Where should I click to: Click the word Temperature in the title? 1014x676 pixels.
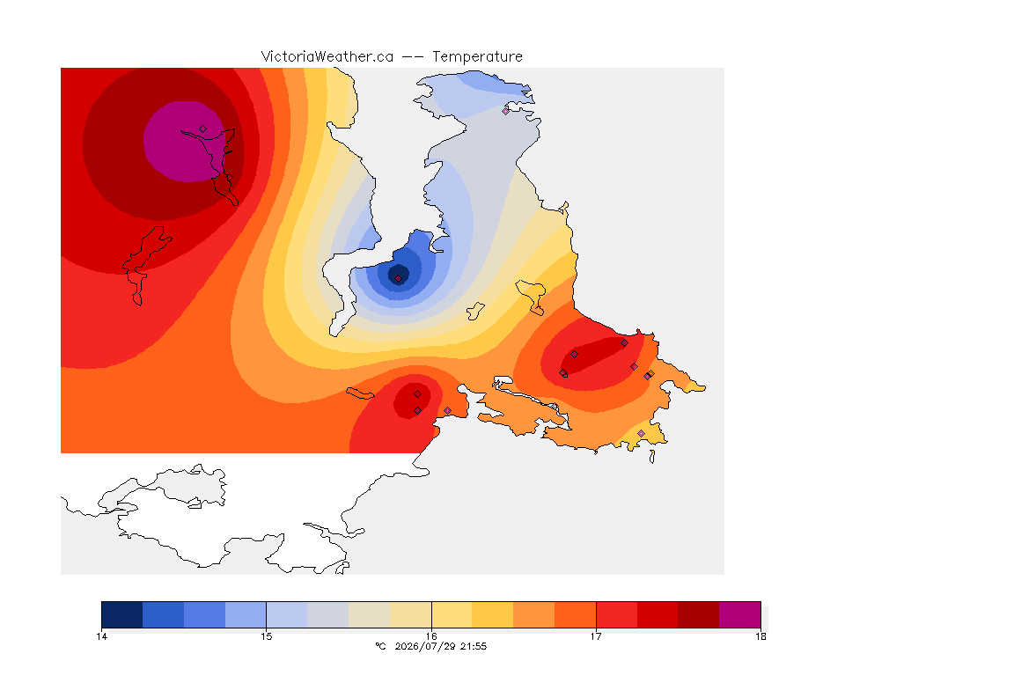(x=477, y=57)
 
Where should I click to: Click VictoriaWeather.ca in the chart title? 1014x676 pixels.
(x=327, y=57)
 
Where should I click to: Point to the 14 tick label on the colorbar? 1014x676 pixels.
(x=101, y=636)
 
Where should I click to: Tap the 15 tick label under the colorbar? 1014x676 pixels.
(x=267, y=636)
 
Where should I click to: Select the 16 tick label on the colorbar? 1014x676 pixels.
(x=431, y=636)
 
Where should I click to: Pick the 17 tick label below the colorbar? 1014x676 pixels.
(x=596, y=636)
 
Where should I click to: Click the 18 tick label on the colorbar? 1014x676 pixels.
(x=760, y=636)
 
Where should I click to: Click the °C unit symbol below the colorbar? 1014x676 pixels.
(x=380, y=646)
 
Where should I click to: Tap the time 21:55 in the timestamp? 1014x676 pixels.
(x=474, y=646)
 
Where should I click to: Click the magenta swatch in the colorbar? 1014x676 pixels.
(x=739, y=614)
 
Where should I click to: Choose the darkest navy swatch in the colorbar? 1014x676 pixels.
(x=122, y=614)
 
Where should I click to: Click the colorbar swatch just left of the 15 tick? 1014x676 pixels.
(x=246, y=614)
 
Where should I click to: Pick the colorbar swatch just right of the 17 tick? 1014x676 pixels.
(x=616, y=614)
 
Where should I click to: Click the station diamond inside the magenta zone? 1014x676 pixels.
(x=203, y=129)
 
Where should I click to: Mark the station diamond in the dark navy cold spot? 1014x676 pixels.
(x=399, y=279)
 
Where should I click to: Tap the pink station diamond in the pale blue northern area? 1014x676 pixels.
(x=506, y=111)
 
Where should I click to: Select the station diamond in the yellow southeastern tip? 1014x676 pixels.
(x=641, y=433)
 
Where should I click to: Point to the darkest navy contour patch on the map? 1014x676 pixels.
(x=399, y=275)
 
